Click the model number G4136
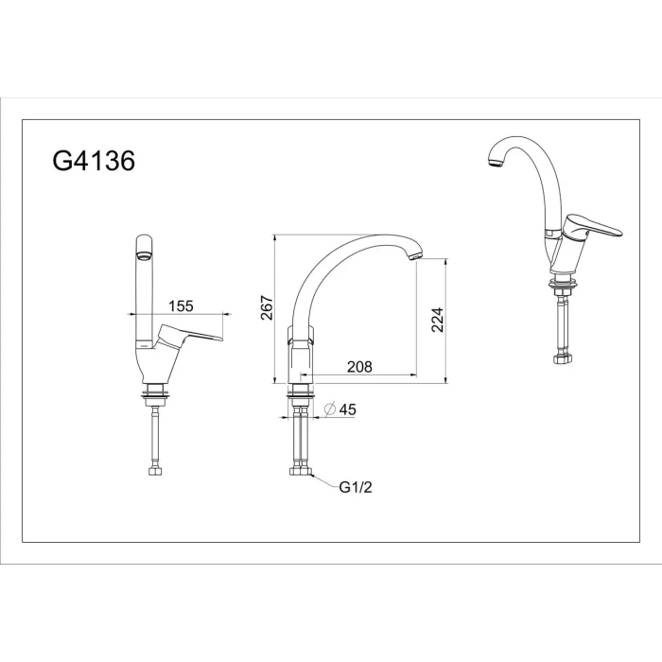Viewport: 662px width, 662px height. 94,161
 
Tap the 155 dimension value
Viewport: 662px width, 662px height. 181,305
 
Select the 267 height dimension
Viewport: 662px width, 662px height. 267,307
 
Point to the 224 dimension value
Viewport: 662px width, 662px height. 438,320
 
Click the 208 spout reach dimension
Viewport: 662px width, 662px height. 359,367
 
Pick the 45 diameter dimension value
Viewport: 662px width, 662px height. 347,409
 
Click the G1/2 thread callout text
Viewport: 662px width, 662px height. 356,487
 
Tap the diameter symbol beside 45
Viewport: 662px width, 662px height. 330,409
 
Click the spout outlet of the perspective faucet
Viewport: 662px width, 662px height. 496,163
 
